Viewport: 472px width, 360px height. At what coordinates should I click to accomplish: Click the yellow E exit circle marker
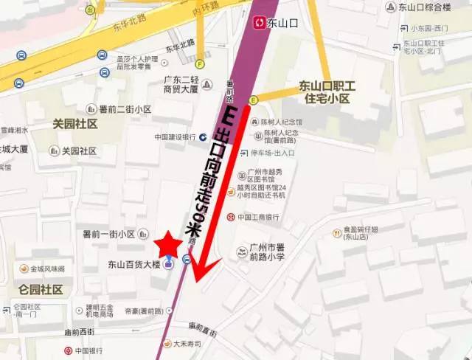tap(254, 100)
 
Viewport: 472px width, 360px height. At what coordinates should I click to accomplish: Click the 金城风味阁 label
tap(46, 269)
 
